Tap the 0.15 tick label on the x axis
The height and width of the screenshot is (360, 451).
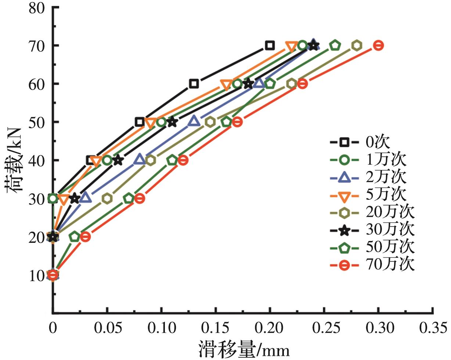pos(216,328)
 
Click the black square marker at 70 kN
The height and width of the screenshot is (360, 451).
pos(270,46)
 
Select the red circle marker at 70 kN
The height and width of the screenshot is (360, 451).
pos(378,46)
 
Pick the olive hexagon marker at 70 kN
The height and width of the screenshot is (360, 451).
pos(357,46)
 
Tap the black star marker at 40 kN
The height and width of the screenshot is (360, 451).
pos(118,160)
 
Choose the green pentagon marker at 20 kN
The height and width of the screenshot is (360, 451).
pos(75,237)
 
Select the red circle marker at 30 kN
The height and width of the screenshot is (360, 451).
pos(140,198)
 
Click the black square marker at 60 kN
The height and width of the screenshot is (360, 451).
pos(194,84)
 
